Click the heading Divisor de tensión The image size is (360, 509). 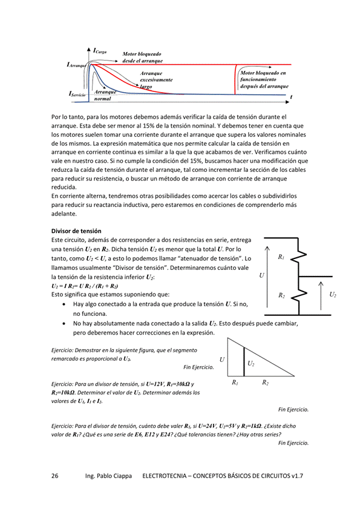[76, 231]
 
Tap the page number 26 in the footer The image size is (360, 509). [55, 476]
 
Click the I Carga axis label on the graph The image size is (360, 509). [100, 51]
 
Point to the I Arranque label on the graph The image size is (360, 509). [76, 65]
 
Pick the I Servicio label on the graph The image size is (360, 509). [77, 94]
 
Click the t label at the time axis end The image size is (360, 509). [291, 97]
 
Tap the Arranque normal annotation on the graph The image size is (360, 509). [105, 96]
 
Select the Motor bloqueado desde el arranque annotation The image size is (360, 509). [143, 57]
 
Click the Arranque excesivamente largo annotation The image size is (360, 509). [156, 80]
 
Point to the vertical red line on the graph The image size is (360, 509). [235, 79]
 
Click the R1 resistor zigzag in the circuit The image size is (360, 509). [299, 257]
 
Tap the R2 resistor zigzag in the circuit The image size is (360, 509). [299, 294]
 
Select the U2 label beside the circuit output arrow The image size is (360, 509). [333, 294]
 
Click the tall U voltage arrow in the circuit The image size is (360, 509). [267, 277]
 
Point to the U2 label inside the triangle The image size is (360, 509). [251, 363]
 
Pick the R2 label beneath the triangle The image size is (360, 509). [265, 383]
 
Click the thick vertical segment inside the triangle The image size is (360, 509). [244, 361]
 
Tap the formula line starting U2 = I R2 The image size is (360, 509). [84, 286]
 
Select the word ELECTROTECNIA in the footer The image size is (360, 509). [164, 476]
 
